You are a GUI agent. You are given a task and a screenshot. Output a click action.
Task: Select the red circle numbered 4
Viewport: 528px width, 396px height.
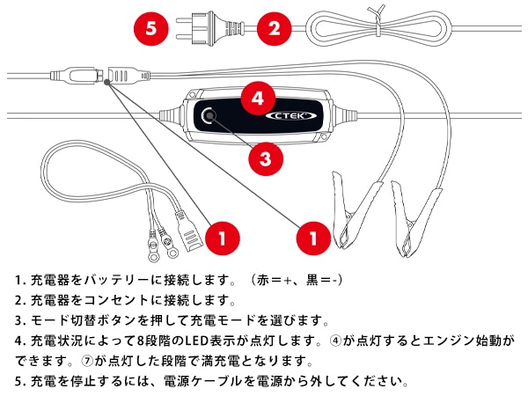(x=256, y=98)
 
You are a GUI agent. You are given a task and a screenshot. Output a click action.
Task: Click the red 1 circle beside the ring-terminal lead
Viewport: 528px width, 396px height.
(x=224, y=237)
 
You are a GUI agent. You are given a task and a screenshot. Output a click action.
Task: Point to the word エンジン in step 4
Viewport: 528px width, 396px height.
(x=452, y=341)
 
